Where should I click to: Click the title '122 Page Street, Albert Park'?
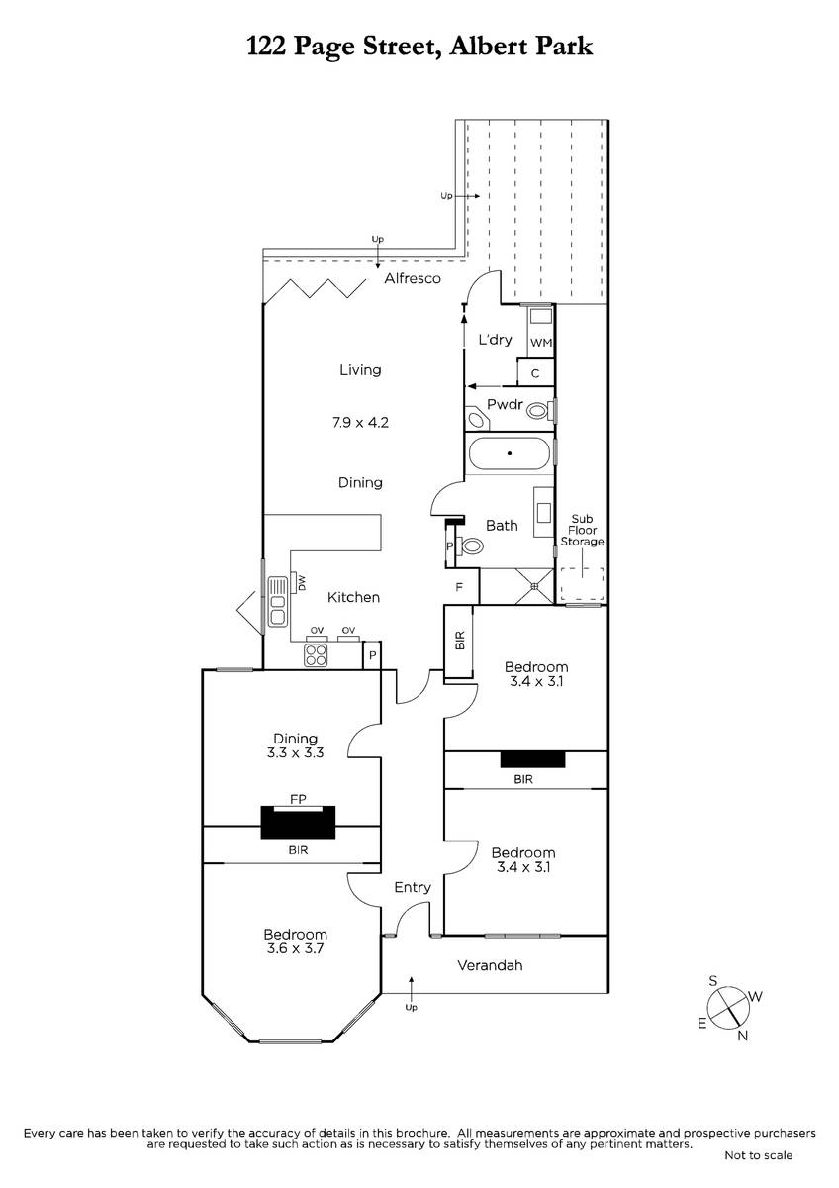click(x=419, y=47)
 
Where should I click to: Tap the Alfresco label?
click(x=413, y=280)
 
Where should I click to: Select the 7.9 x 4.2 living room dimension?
click(x=360, y=423)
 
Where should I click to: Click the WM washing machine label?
click(x=540, y=343)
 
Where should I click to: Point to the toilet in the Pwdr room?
click(x=537, y=409)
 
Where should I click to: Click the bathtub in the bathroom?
click(x=509, y=454)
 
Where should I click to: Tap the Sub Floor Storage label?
click(x=582, y=530)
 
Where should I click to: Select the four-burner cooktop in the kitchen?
click(x=316, y=653)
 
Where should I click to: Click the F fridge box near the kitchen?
click(x=460, y=587)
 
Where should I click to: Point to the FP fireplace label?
click(x=296, y=797)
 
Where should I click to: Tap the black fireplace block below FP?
click(x=297, y=822)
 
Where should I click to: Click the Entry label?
click(x=413, y=888)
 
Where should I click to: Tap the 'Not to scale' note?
click(x=758, y=1155)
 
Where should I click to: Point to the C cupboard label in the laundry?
click(x=535, y=374)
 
